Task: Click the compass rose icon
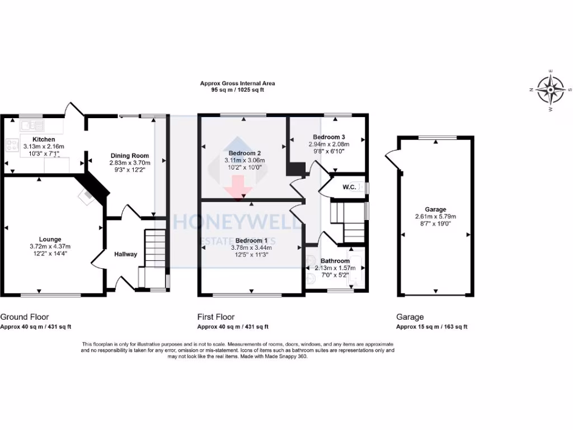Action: [x=551, y=90]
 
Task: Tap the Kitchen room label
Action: [x=44, y=139]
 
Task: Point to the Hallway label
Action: [x=125, y=254]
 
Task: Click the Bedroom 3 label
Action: [x=327, y=137]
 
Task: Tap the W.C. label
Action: [x=350, y=187]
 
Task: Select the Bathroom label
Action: [x=335, y=261]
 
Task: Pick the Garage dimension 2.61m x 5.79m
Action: [x=435, y=217]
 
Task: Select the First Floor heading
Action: [x=216, y=317]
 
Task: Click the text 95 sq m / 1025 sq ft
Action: [x=237, y=90]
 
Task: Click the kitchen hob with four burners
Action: [x=12, y=146]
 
